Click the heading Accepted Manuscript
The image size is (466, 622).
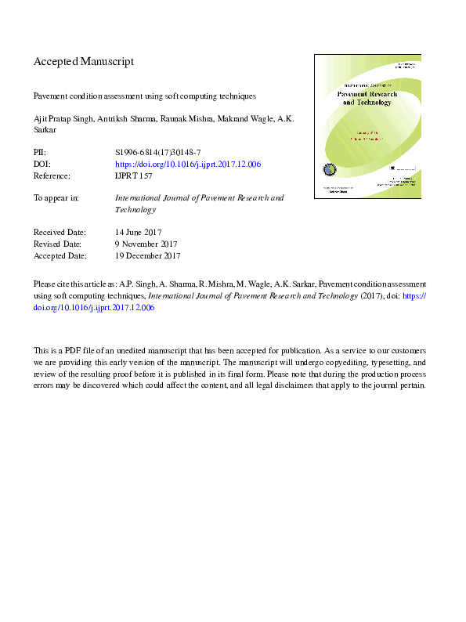point(84,61)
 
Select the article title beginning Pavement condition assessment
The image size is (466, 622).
point(145,96)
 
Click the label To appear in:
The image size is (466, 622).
point(56,198)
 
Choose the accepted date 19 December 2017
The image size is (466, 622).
point(148,255)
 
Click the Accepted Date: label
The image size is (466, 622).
point(61,255)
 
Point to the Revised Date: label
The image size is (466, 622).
point(60,244)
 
